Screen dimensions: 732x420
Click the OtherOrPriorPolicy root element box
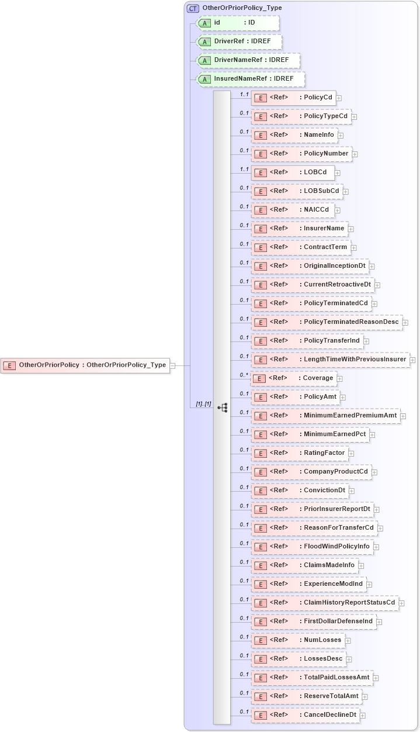point(85,365)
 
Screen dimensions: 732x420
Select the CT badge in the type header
point(193,8)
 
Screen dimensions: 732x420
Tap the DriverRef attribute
point(239,42)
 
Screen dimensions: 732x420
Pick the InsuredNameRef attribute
point(251,79)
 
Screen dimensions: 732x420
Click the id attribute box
point(238,23)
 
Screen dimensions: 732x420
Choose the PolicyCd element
point(293,98)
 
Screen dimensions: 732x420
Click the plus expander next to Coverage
point(340,379)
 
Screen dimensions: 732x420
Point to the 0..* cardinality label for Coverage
point(244,375)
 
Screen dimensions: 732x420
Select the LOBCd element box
point(293,172)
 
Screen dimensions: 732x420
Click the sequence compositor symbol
point(222,408)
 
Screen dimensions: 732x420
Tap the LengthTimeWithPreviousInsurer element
point(329,360)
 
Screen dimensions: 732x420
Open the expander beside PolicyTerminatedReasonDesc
point(405,323)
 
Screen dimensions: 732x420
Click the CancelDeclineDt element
point(305,715)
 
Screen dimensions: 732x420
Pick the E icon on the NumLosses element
point(261,640)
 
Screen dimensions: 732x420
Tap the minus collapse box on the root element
point(173,366)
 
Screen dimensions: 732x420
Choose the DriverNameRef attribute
point(248,60)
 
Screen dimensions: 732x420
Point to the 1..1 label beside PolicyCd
point(244,94)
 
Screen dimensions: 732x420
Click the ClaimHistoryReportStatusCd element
point(325,603)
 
